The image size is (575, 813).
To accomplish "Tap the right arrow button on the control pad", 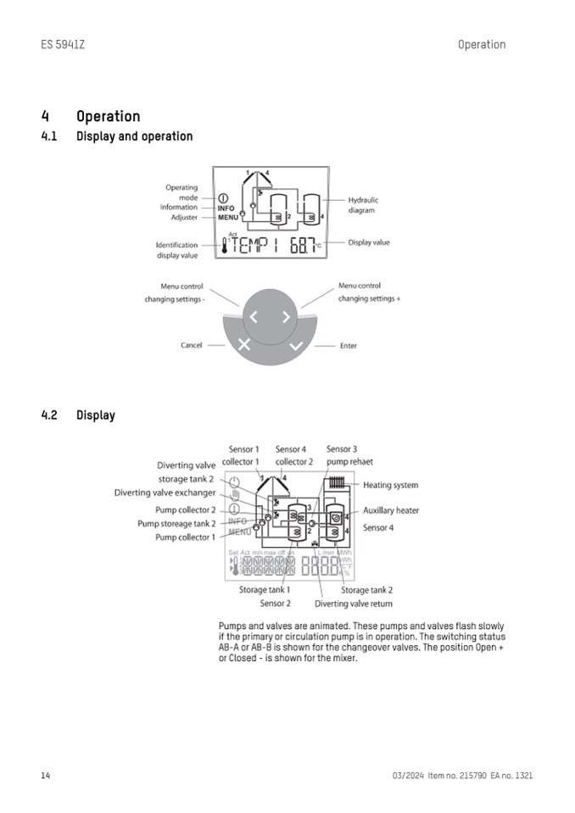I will point(286,318).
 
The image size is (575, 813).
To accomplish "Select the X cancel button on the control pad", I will point(243,345).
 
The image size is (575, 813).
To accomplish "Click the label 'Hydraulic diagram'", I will point(362,205).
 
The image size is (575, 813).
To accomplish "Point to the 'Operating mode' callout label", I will point(181,192).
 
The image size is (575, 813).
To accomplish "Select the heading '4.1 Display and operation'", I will point(117,136).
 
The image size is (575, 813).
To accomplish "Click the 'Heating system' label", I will point(390,486).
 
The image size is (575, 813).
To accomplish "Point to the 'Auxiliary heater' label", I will point(391,511).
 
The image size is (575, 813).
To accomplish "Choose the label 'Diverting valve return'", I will point(354,604).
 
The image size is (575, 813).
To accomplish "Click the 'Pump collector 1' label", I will point(185,537).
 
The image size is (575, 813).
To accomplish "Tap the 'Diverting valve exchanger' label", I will point(165,493).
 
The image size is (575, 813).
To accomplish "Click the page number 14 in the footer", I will point(46,776).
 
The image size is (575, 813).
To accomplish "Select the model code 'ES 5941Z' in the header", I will point(62,45).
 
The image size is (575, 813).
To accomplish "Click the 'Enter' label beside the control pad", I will point(349,346).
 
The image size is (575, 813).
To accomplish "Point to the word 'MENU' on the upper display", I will point(227,218).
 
